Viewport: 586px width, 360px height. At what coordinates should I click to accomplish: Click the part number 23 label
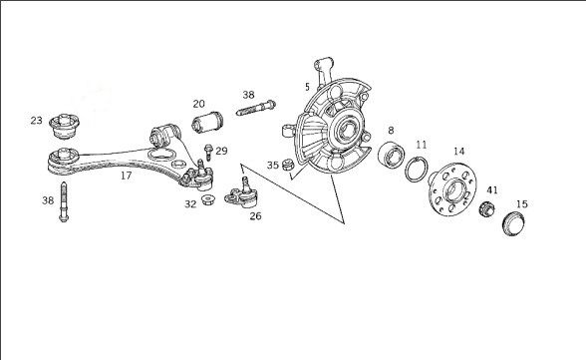36,121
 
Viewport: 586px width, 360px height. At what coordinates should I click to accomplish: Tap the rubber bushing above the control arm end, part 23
64,126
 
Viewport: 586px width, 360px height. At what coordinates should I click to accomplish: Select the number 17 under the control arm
127,175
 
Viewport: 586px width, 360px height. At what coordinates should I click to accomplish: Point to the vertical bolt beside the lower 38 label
64,201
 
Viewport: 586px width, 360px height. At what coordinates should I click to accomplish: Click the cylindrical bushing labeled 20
207,122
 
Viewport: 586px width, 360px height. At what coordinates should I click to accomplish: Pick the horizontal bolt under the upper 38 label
256,108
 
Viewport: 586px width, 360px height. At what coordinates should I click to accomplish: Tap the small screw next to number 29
208,153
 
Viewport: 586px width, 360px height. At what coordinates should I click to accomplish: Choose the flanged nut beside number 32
207,199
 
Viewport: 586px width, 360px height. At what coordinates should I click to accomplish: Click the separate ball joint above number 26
242,194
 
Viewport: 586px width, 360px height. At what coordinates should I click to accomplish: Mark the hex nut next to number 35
287,165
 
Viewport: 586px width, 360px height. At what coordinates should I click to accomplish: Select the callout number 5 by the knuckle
307,87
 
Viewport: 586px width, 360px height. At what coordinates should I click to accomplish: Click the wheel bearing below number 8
392,155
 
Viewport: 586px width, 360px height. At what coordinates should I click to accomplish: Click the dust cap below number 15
514,223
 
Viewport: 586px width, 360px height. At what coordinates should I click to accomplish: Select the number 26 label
255,215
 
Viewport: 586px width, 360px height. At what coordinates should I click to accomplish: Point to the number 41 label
492,189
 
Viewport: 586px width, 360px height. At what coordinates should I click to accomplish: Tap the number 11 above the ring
422,145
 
